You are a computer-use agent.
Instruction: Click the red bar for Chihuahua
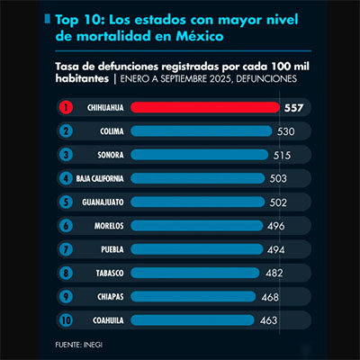point(204,108)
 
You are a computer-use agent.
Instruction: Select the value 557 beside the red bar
point(293,108)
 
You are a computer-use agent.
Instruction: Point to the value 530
point(288,131)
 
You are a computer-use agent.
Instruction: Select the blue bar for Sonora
point(200,155)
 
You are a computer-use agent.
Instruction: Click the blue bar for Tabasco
point(194,272)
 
